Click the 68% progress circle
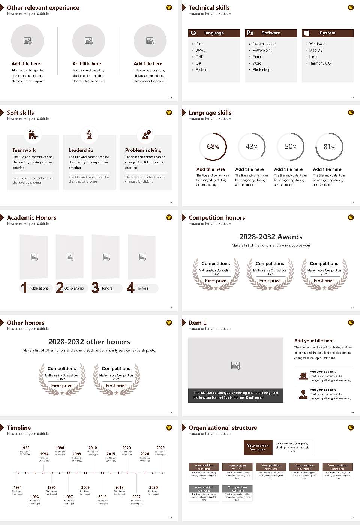tap(213, 147)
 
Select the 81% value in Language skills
tap(329, 147)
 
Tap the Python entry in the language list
tap(201, 69)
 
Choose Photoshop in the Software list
tap(261, 69)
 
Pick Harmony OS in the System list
tap(320, 63)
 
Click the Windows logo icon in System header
tap(306, 33)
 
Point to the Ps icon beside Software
tap(250, 33)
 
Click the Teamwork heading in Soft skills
tap(24, 150)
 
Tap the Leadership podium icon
tap(89, 135)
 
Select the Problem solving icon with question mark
tap(145, 135)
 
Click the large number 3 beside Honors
tap(95, 288)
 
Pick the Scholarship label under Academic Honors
tap(74, 288)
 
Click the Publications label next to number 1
tap(38, 288)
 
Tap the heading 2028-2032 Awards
tap(271, 237)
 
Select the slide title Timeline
tap(19, 427)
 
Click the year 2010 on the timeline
tap(93, 447)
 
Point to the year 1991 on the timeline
tap(18, 487)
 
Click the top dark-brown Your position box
tap(258, 447)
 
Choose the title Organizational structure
tap(223, 427)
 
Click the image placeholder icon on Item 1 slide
tap(236, 365)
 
